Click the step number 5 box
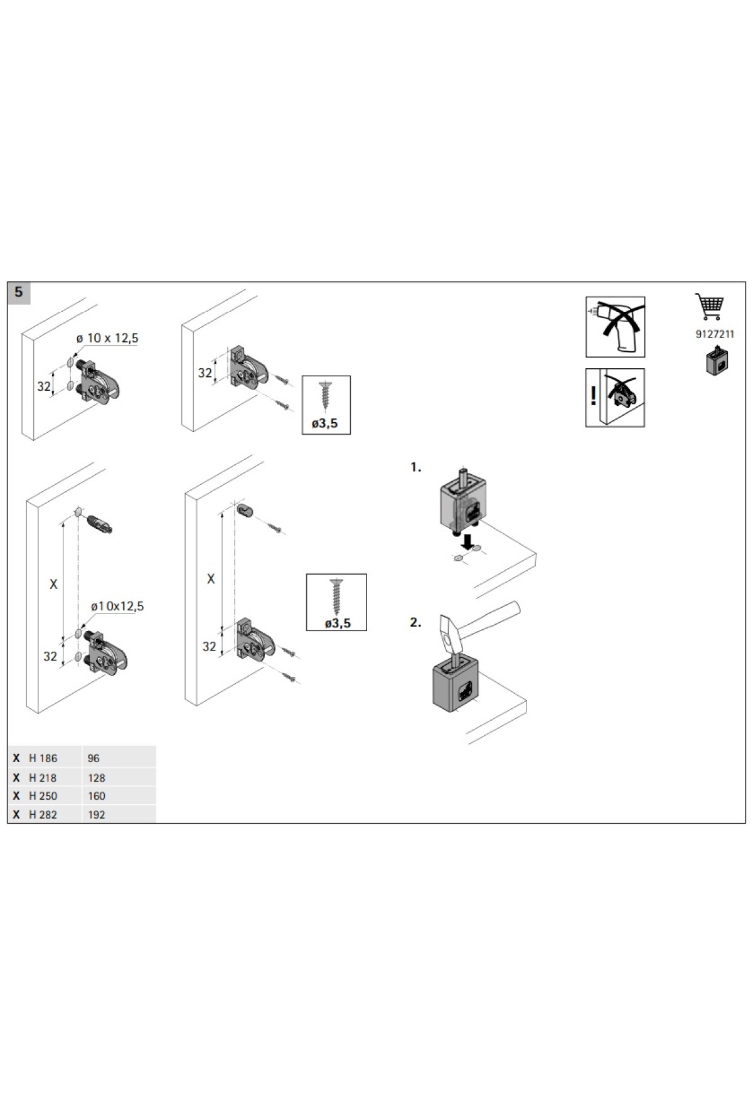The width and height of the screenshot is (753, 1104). click(19, 292)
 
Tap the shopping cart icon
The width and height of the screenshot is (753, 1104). click(710, 307)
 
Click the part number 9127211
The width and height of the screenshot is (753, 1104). click(715, 334)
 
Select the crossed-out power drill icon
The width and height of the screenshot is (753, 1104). click(615, 327)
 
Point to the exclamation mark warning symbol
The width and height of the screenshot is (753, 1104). click(594, 396)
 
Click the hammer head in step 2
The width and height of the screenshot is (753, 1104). click(449, 633)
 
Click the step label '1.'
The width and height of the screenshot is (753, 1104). click(415, 467)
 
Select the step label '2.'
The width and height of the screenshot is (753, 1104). click(415, 622)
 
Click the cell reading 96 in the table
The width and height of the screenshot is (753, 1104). click(93, 758)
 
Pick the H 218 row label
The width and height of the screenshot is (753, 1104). click(43, 778)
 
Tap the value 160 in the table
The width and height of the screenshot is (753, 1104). click(97, 796)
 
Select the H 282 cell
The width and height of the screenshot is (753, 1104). click(43, 815)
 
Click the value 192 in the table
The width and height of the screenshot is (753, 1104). click(97, 815)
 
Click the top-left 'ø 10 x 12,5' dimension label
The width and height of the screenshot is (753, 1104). click(107, 338)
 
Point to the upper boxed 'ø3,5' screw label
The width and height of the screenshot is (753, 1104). click(325, 423)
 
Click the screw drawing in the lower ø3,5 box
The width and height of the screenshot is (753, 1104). click(337, 596)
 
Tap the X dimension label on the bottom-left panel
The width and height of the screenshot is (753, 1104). click(53, 584)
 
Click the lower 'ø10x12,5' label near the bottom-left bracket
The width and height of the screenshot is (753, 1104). click(117, 606)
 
